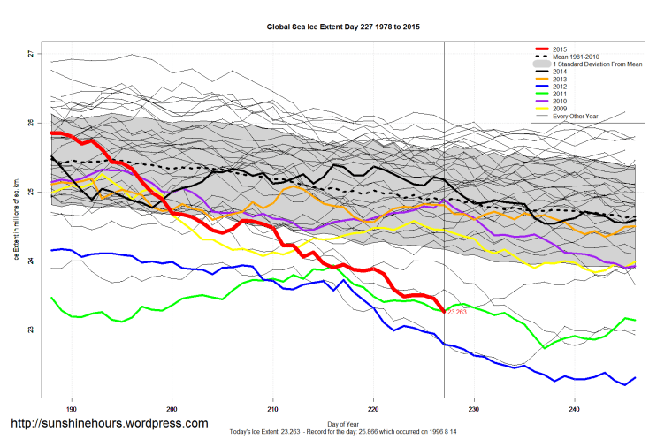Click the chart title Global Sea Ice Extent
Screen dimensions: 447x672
343,27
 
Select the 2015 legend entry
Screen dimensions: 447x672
559,49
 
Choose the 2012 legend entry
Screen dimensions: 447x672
559,87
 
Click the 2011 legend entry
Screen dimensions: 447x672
559,95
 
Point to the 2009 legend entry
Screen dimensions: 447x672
559,110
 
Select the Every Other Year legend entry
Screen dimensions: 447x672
576,117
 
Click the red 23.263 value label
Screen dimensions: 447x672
457,312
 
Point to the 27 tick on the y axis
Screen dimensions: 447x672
30,54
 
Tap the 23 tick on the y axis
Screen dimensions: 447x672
30,330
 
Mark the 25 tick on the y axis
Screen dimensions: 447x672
30,192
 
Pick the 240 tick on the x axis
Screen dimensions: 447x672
575,409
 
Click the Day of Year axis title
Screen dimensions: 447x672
343,422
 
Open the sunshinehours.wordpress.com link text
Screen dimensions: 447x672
109,424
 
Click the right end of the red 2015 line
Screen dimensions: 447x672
444,311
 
